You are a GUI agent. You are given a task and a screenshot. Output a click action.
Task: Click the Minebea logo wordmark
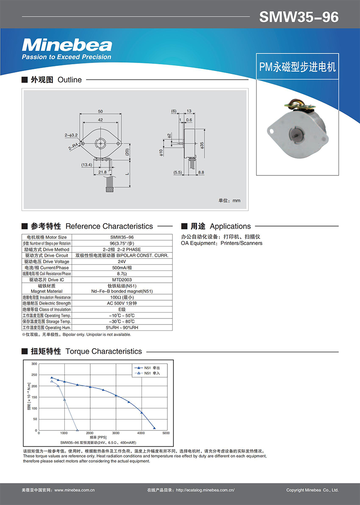[x=67, y=45]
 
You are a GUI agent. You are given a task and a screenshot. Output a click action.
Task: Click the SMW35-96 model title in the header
[x=299, y=17]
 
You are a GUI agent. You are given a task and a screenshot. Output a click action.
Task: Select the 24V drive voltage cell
[x=122, y=261]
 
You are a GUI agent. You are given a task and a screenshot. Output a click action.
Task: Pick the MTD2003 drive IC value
[x=122, y=280]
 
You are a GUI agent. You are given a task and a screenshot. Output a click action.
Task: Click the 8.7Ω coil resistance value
[x=122, y=274]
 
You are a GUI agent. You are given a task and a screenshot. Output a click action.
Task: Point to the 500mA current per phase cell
[x=122, y=268]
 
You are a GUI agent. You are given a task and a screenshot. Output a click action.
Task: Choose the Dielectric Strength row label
[x=47, y=303]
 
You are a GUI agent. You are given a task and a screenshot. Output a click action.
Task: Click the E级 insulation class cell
[x=122, y=310]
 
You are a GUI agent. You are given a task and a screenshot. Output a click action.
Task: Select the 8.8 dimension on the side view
[x=201, y=172]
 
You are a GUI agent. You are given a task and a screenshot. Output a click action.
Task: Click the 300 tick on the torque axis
[x=35, y=364]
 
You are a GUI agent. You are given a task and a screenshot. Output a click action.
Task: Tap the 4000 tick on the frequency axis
[x=141, y=433]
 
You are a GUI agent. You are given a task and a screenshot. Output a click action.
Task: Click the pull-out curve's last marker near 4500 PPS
[x=154, y=428]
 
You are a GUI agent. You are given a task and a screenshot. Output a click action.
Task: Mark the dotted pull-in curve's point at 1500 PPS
[x=77, y=430]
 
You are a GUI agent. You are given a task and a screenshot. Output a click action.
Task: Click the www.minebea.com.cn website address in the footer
[x=75, y=490]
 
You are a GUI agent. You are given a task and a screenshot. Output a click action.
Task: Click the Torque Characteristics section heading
[x=104, y=351]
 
